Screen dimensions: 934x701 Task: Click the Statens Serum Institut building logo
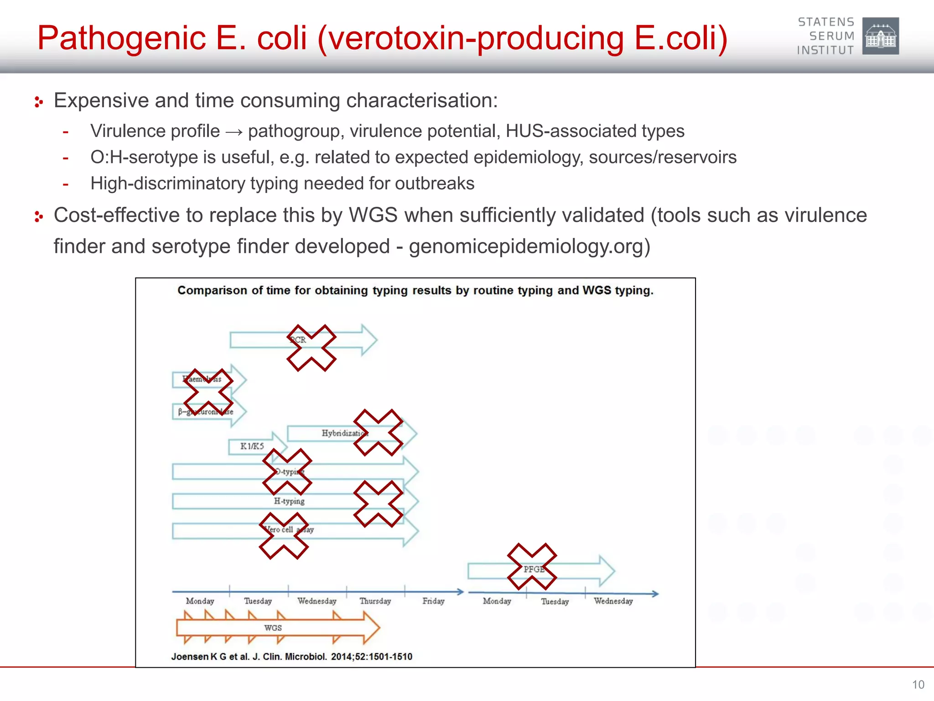point(880,36)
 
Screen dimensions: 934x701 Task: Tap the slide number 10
point(918,685)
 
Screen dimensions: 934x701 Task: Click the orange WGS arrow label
point(273,628)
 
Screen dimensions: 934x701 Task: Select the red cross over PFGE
point(532,566)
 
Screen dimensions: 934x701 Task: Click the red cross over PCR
point(311,348)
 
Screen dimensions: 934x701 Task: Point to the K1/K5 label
point(252,446)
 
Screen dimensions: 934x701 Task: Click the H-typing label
point(289,501)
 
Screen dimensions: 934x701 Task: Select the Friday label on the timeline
point(433,601)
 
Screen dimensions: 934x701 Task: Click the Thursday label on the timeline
point(375,601)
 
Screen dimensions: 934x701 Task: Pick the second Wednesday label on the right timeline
point(613,601)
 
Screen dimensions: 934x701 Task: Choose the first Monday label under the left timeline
point(200,601)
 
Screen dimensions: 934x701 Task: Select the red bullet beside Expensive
point(39,102)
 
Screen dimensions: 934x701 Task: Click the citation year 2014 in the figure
point(341,657)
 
